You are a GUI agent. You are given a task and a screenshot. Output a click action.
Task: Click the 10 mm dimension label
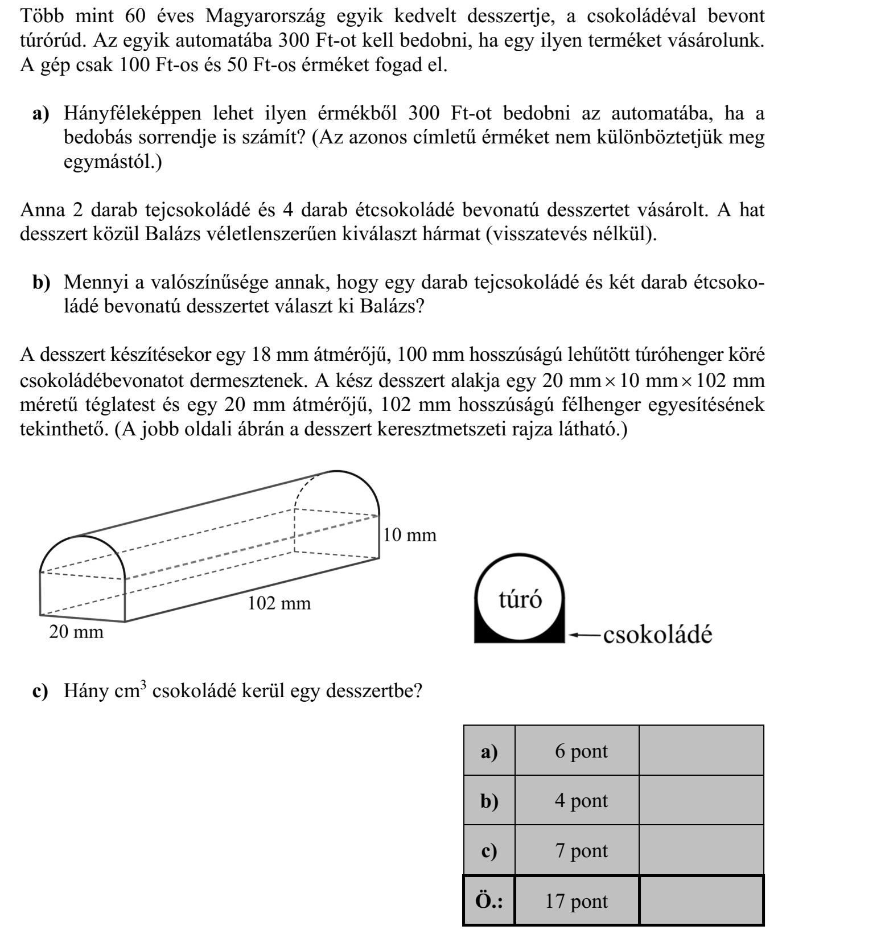point(409,535)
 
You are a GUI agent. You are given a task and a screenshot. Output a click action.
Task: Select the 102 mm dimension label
point(279,603)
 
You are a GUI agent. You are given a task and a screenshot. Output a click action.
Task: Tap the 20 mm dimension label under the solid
point(76,632)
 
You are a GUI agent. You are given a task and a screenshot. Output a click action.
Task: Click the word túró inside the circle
point(520,600)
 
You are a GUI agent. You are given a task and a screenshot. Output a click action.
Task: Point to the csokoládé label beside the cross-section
point(657,634)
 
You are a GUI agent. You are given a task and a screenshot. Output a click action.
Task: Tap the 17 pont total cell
point(577,901)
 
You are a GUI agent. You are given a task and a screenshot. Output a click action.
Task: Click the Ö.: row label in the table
point(489,901)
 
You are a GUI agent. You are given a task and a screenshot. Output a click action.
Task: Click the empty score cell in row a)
point(701,751)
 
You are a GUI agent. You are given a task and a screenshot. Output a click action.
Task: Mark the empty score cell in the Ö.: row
point(701,901)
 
